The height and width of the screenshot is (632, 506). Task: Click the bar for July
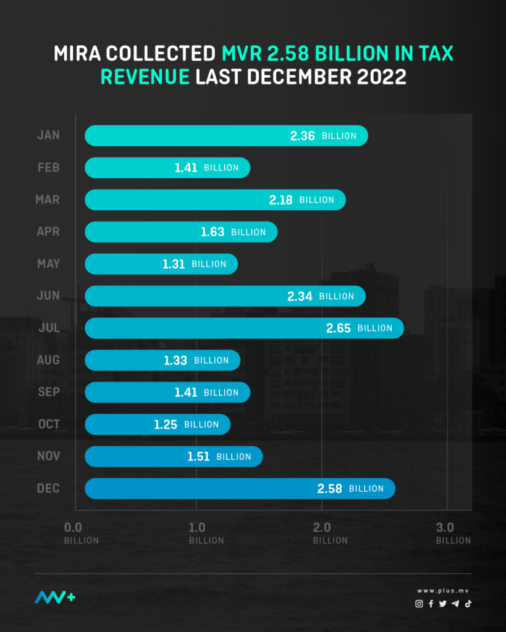(244, 328)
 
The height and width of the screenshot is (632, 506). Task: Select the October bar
(157, 424)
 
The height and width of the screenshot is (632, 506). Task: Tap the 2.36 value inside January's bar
(303, 136)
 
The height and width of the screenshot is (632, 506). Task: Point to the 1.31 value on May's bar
(174, 264)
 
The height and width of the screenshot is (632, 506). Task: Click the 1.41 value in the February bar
(185, 168)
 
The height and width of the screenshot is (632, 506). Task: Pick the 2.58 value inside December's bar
(330, 489)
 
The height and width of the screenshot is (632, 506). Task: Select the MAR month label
(48, 199)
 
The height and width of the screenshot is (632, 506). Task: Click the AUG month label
(48, 360)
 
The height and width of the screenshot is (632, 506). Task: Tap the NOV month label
(48, 456)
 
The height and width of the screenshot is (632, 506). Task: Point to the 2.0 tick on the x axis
(322, 528)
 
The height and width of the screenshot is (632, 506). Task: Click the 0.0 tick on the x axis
(73, 528)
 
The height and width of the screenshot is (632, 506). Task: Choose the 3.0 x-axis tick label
(445, 528)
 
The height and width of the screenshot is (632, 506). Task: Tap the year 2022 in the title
(384, 78)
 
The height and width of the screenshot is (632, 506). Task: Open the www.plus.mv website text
(443, 591)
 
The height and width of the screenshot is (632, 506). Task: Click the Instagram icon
(419, 604)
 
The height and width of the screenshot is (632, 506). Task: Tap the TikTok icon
(468, 604)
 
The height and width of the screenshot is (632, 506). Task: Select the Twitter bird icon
(443, 604)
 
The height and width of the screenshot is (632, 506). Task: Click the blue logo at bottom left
(55, 597)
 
